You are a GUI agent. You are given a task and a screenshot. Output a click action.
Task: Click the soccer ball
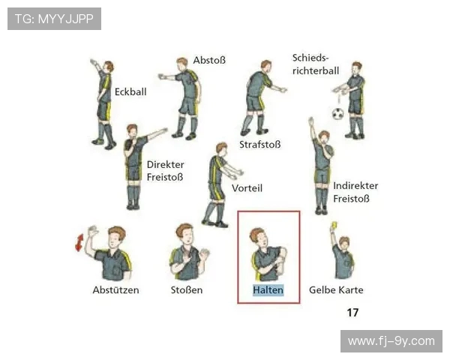tap(338, 114)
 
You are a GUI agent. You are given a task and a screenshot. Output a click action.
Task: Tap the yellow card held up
tap(334, 225)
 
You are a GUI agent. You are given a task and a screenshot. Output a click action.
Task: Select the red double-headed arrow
tap(79, 242)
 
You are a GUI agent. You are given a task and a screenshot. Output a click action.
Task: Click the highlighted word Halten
tap(268, 290)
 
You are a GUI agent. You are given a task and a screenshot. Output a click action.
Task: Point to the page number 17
tap(352, 312)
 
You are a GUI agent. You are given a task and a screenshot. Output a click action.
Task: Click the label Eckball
tap(130, 91)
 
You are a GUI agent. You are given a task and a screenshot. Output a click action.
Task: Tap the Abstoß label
tap(209, 60)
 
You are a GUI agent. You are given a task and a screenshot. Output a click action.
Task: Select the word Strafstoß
tap(260, 145)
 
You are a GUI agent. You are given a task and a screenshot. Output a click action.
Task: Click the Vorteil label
tap(247, 188)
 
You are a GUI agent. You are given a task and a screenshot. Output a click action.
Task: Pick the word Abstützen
tap(115, 290)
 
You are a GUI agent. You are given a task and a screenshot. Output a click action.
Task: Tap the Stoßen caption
tap(187, 290)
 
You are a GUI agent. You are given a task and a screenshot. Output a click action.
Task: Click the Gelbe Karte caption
tap(336, 290)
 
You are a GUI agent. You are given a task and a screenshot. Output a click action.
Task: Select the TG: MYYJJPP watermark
tap(54, 19)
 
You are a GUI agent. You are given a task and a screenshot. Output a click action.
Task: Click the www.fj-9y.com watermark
tap(391, 341)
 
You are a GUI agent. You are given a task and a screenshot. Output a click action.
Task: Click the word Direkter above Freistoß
tap(165, 164)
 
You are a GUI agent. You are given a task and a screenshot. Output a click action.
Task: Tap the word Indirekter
tap(355, 186)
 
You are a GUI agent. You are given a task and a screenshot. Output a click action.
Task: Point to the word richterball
tap(316, 70)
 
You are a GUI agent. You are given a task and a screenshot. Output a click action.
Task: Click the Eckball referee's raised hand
tap(93, 62)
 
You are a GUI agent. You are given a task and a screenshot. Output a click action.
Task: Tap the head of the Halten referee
tap(259, 237)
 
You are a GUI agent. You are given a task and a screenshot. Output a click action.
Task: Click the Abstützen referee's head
tap(116, 236)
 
